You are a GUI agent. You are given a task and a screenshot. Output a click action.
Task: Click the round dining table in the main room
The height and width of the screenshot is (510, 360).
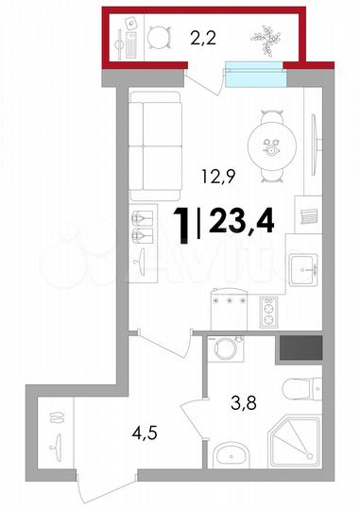click(273, 144)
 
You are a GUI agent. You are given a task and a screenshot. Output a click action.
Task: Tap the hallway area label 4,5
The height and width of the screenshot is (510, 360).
click(143, 436)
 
